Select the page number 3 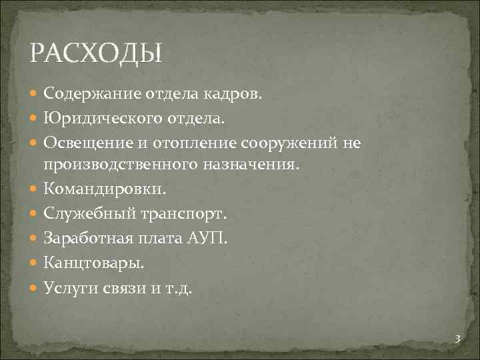coord(457,339)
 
